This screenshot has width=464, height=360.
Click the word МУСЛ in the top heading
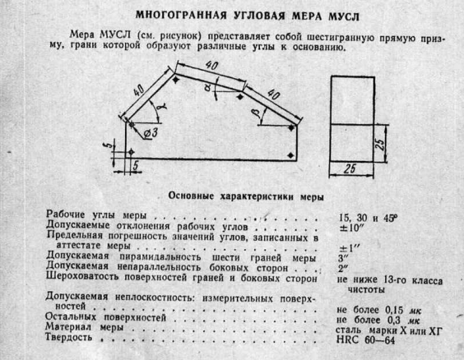[344, 16]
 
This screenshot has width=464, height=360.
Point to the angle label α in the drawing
[208, 86]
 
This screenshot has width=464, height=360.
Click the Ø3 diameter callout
[151, 134]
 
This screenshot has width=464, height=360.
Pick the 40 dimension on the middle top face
[212, 66]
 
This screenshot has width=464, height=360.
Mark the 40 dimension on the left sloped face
[138, 90]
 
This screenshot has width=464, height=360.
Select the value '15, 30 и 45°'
[368, 218]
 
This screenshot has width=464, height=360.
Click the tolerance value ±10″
[351, 228]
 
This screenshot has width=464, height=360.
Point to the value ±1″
[350, 247]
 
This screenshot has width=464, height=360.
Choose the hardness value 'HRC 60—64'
[365, 340]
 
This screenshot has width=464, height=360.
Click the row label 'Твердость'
[68, 337]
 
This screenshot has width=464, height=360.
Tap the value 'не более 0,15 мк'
[378, 310]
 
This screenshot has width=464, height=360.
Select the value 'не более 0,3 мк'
[378, 320]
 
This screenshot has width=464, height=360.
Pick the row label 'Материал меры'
[85, 327]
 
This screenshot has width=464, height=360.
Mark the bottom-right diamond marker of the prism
[291, 155]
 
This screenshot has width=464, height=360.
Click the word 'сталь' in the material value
[348, 330]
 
